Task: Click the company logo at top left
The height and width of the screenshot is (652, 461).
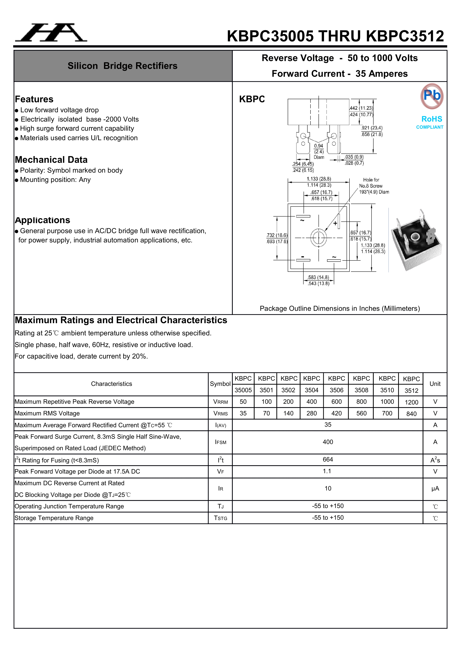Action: (x=51, y=32)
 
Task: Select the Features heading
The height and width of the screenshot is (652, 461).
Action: (x=34, y=99)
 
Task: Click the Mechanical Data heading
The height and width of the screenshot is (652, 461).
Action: (x=51, y=160)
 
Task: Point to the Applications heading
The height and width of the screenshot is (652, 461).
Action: (x=43, y=220)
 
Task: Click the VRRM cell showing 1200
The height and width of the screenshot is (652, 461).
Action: (x=411, y=402)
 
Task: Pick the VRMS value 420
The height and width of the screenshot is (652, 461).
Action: (x=336, y=413)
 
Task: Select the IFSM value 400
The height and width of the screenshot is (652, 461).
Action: (x=328, y=442)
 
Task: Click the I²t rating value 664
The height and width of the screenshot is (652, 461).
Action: (x=328, y=460)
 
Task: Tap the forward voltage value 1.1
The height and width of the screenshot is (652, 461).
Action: (x=327, y=471)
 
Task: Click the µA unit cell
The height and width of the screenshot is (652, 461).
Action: (x=435, y=488)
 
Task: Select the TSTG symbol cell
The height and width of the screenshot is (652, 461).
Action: (x=220, y=518)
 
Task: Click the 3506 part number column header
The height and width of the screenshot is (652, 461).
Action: (x=336, y=390)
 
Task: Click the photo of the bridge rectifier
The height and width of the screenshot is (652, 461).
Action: (x=416, y=240)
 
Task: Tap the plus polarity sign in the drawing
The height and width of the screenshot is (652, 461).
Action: (x=335, y=223)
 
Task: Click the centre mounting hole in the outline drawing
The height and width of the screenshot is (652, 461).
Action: (x=319, y=238)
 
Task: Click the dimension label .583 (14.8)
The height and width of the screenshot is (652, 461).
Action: (x=319, y=277)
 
